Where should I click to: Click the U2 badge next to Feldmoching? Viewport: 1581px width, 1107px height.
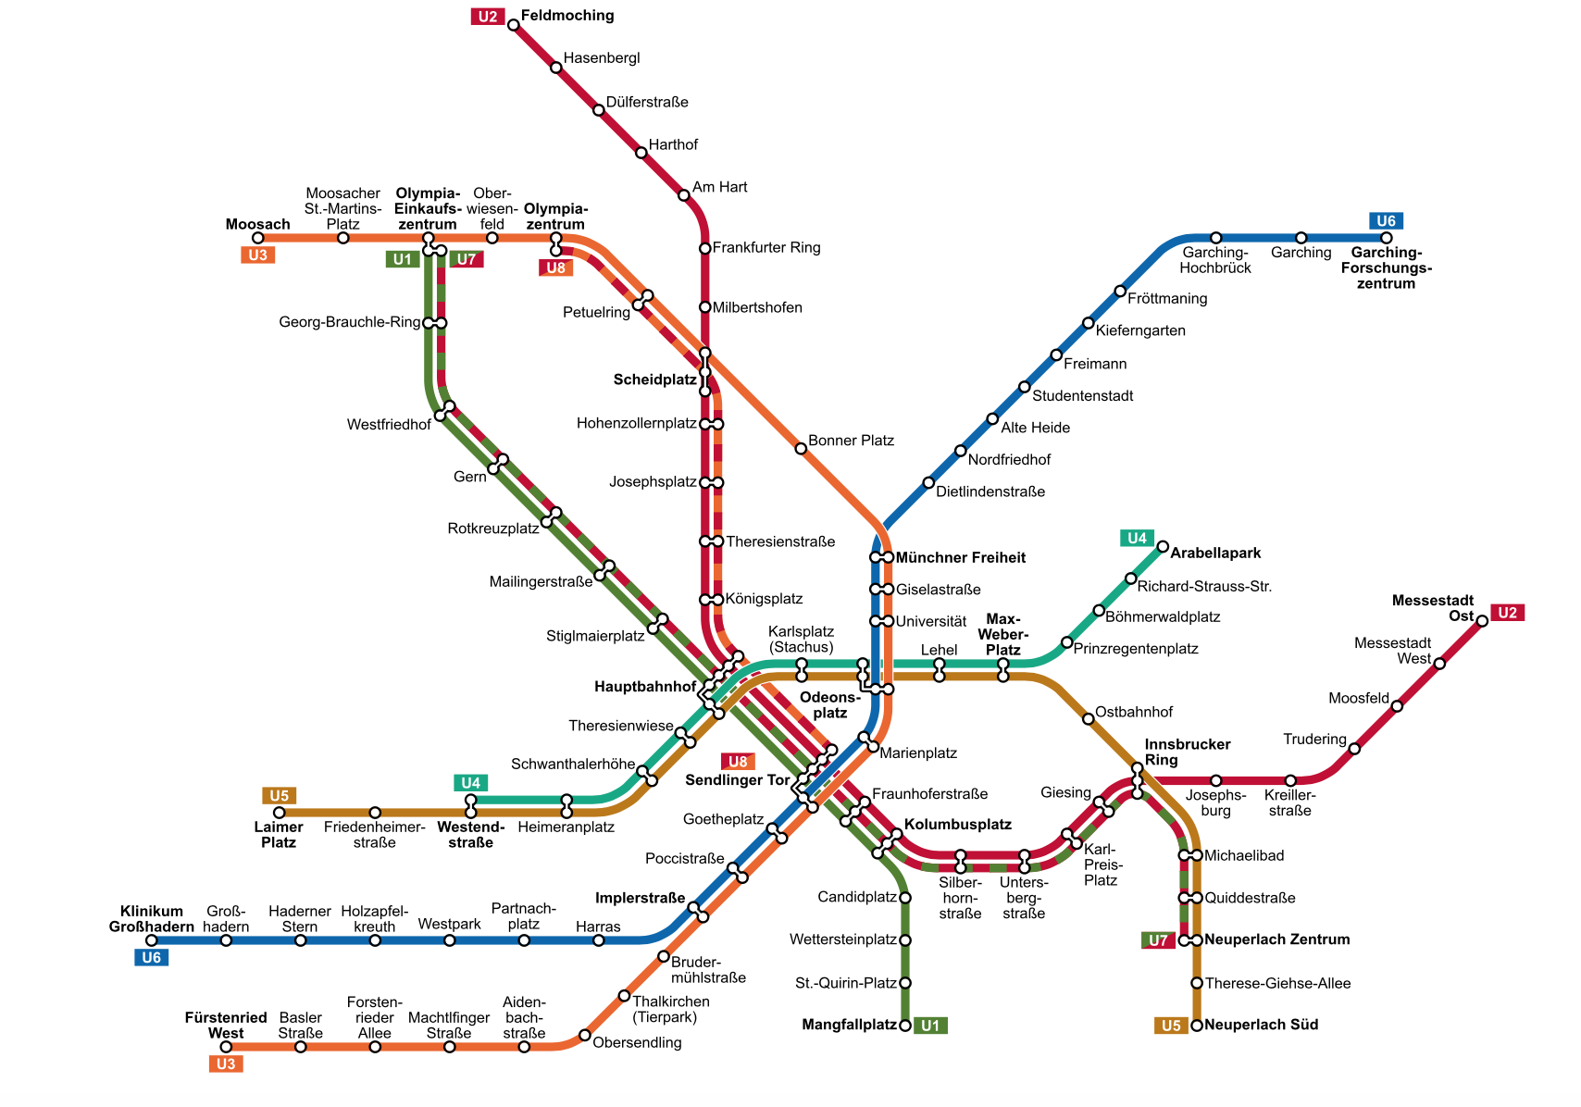click(488, 16)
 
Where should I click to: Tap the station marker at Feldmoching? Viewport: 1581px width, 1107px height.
click(514, 25)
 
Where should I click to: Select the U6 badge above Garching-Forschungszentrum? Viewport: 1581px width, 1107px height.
click(1386, 220)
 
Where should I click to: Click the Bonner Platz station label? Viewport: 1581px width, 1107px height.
click(851, 441)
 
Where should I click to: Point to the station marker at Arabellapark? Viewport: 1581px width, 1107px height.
click(1163, 546)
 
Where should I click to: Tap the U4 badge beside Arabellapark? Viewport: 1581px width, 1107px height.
click(1137, 538)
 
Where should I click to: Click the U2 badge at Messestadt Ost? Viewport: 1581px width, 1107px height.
click(1508, 613)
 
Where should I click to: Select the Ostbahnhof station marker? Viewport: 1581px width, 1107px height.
click(1088, 718)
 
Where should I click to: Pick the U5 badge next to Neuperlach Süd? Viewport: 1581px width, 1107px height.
click(1171, 1026)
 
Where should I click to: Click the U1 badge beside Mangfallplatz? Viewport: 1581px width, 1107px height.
click(930, 1026)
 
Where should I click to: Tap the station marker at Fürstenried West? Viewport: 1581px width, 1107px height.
click(226, 1047)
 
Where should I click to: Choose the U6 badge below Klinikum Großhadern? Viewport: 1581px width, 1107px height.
click(152, 958)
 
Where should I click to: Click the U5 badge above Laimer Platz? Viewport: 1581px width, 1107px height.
click(279, 796)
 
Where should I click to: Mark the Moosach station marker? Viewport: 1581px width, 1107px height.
click(258, 238)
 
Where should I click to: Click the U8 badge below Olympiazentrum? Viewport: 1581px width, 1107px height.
click(555, 268)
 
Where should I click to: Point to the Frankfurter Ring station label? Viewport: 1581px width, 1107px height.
click(766, 248)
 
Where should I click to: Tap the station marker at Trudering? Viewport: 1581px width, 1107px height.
click(1354, 748)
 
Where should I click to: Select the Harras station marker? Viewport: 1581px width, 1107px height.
click(599, 940)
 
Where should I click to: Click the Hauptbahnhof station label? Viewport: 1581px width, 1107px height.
click(644, 687)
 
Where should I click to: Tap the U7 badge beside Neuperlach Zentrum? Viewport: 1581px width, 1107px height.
click(1158, 940)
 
